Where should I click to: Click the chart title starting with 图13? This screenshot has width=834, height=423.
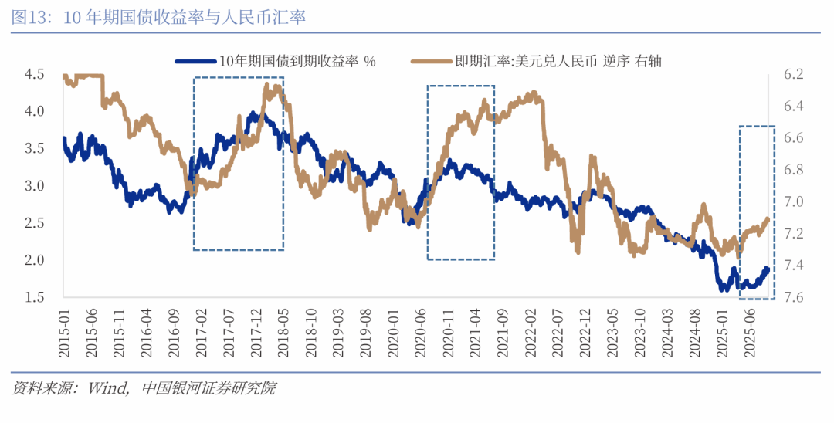[x=158, y=17]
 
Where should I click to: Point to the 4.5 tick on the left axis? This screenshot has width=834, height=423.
[x=34, y=74]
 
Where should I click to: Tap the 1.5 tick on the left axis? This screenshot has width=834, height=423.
[x=34, y=297]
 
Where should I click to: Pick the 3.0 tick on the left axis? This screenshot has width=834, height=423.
[x=34, y=186]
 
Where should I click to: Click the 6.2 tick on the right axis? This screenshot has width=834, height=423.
[x=793, y=74]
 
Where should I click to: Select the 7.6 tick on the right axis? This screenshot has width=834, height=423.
[x=793, y=297]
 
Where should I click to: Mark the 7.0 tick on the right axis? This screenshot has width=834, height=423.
[x=793, y=201]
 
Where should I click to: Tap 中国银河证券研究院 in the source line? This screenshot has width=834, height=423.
[x=209, y=388]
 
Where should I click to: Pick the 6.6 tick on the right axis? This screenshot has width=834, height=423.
[x=793, y=138]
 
